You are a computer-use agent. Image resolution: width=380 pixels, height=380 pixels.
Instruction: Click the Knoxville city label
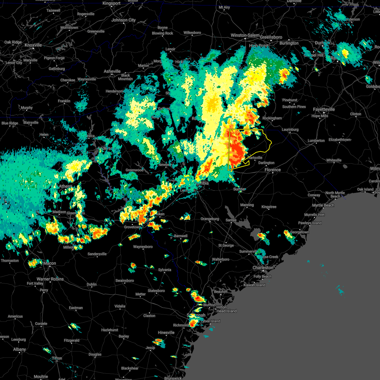[x=33, y=45]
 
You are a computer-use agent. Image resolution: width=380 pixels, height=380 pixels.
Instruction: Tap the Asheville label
[x=112, y=71]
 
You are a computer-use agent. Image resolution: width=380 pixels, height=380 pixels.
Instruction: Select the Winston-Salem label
[x=245, y=35]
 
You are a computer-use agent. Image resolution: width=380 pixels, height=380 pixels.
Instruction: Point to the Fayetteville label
[x=324, y=109]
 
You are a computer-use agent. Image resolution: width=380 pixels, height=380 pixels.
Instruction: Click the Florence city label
[x=273, y=170]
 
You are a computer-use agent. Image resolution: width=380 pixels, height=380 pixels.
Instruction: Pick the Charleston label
[x=263, y=268]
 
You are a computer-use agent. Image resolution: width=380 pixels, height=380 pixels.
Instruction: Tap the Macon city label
[x=49, y=263]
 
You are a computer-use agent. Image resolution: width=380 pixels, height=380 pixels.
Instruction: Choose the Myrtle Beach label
[x=323, y=205]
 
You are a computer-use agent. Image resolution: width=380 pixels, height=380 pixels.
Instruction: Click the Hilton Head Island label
[x=226, y=309]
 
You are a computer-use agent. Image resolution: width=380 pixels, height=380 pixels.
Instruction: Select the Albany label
[x=19, y=349]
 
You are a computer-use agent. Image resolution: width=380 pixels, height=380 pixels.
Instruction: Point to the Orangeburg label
[x=210, y=219]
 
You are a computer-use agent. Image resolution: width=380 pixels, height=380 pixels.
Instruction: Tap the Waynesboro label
[x=143, y=247]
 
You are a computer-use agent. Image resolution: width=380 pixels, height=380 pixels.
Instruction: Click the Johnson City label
[x=123, y=20]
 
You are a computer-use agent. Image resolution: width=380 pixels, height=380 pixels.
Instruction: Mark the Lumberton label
[x=316, y=141]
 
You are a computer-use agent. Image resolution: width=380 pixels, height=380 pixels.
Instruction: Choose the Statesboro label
[x=156, y=291]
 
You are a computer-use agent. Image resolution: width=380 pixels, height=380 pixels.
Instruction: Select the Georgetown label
[x=300, y=232]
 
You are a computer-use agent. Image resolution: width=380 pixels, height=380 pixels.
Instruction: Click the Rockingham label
[x=272, y=118]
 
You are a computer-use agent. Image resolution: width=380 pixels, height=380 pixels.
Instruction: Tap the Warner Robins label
[x=50, y=279]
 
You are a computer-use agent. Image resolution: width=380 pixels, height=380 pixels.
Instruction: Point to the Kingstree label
[x=269, y=207]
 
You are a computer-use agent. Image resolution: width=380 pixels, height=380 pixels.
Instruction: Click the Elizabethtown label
[x=339, y=140]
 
